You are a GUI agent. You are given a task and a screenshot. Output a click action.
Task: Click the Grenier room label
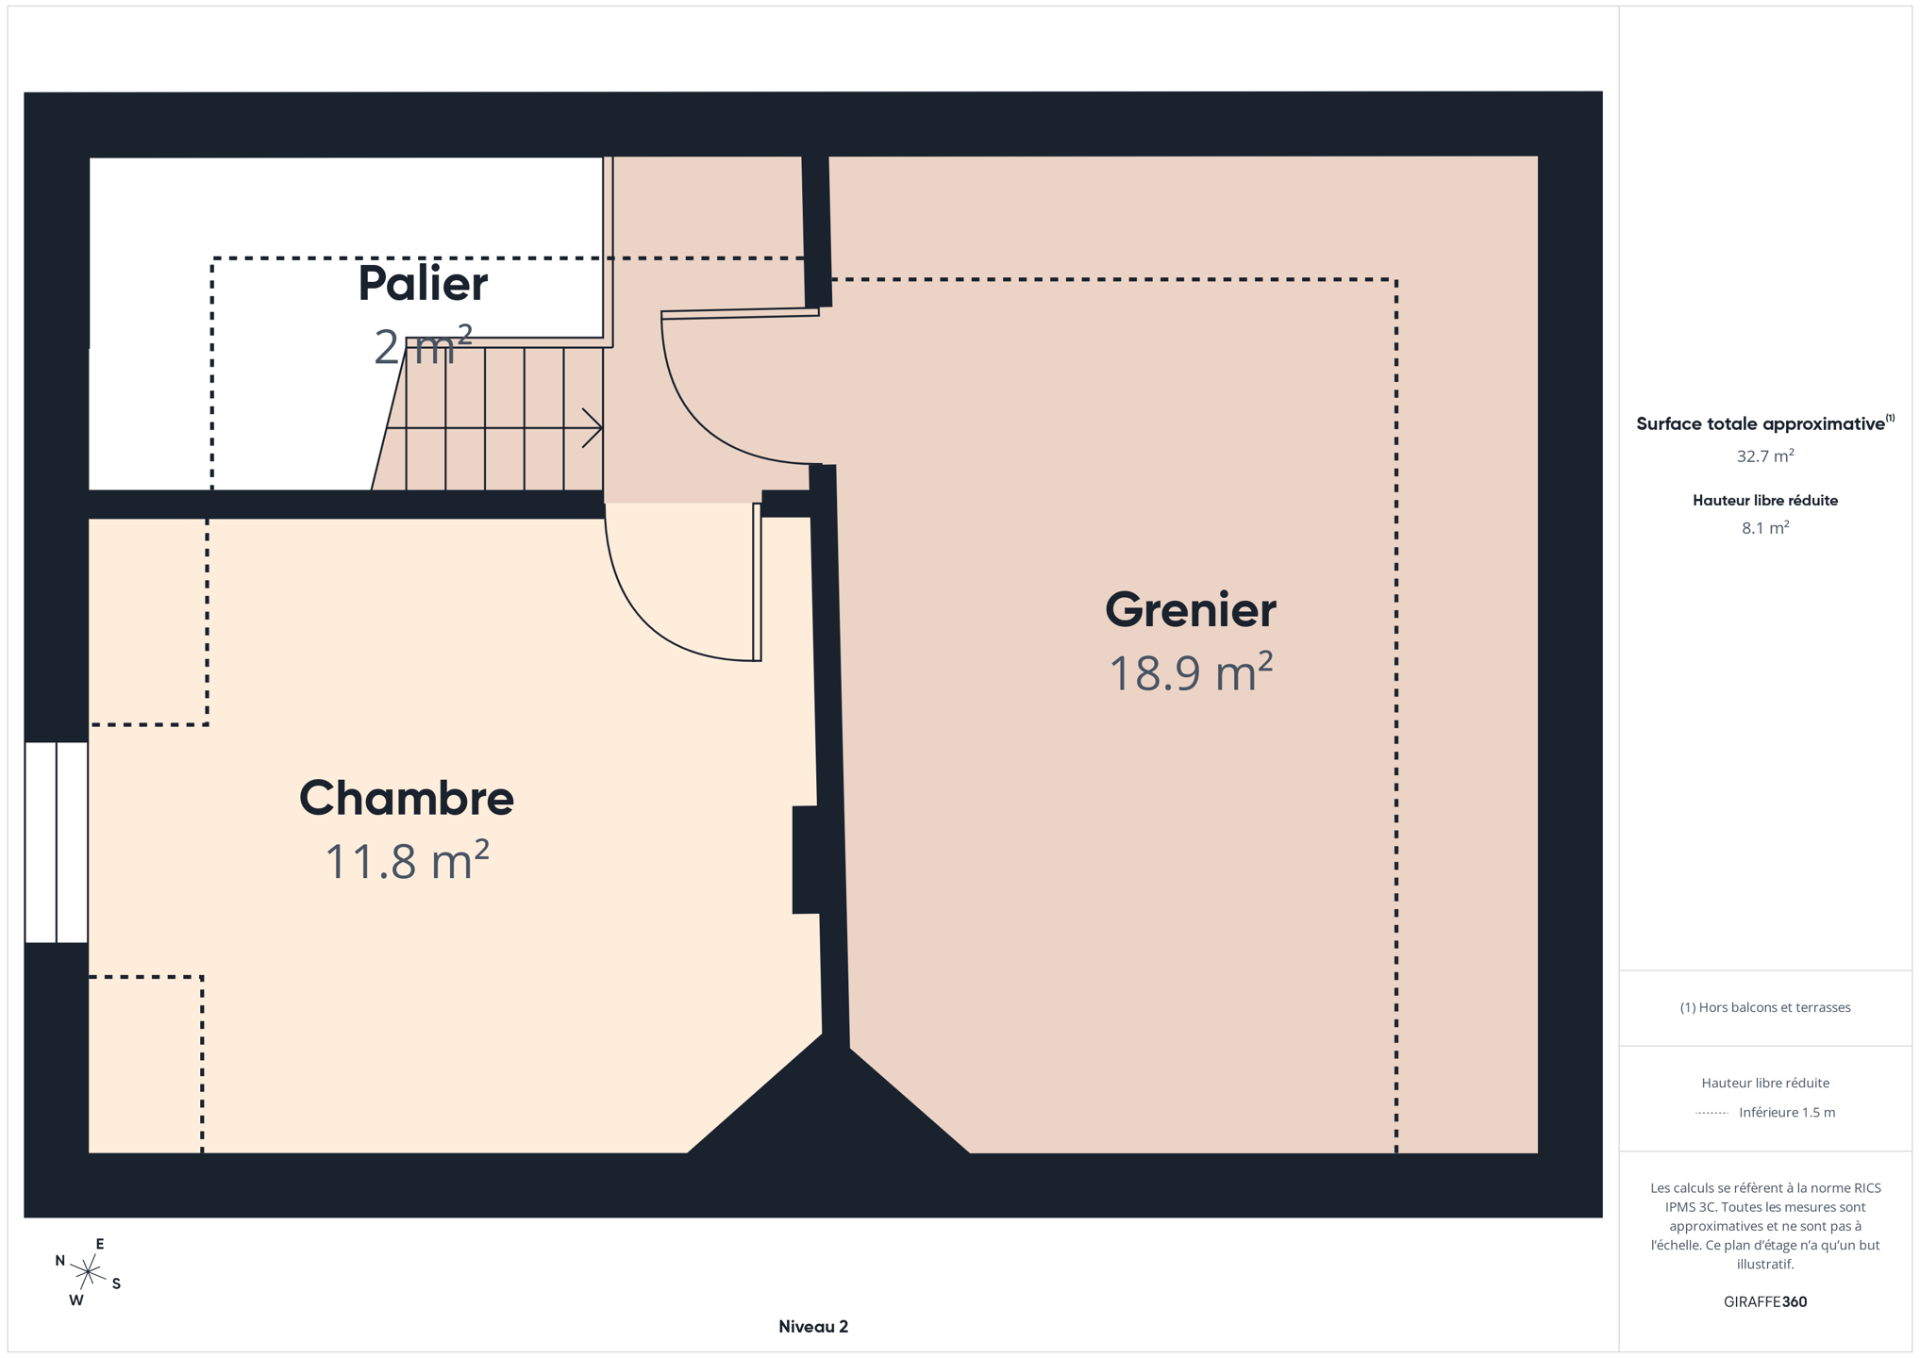(1190, 610)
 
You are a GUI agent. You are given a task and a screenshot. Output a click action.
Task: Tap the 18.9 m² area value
(1191, 672)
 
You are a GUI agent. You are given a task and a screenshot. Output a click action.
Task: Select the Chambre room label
(407, 798)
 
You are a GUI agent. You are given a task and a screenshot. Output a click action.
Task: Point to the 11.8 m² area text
(407, 860)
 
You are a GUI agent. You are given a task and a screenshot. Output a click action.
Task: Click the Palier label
(423, 284)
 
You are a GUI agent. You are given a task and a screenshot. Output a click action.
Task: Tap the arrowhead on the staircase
(593, 428)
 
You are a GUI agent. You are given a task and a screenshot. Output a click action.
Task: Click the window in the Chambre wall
(57, 842)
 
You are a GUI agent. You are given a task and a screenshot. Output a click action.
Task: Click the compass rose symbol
(88, 1272)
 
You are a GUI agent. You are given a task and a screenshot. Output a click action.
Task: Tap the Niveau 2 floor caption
(813, 1327)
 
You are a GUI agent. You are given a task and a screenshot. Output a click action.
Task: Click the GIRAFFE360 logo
(1765, 1301)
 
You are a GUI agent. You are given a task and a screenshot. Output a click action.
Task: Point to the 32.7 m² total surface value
(1765, 455)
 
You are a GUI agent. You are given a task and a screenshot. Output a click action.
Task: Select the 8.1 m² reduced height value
(1765, 528)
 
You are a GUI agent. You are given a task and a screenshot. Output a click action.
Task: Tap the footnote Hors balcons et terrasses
(1765, 1007)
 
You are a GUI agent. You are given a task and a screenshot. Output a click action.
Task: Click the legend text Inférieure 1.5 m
(1787, 1112)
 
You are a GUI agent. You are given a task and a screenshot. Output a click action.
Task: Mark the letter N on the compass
(60, 1261)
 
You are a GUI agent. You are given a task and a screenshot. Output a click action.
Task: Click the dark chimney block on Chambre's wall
(805, 859)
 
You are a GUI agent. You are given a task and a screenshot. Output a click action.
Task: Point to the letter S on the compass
(116, 1283)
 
